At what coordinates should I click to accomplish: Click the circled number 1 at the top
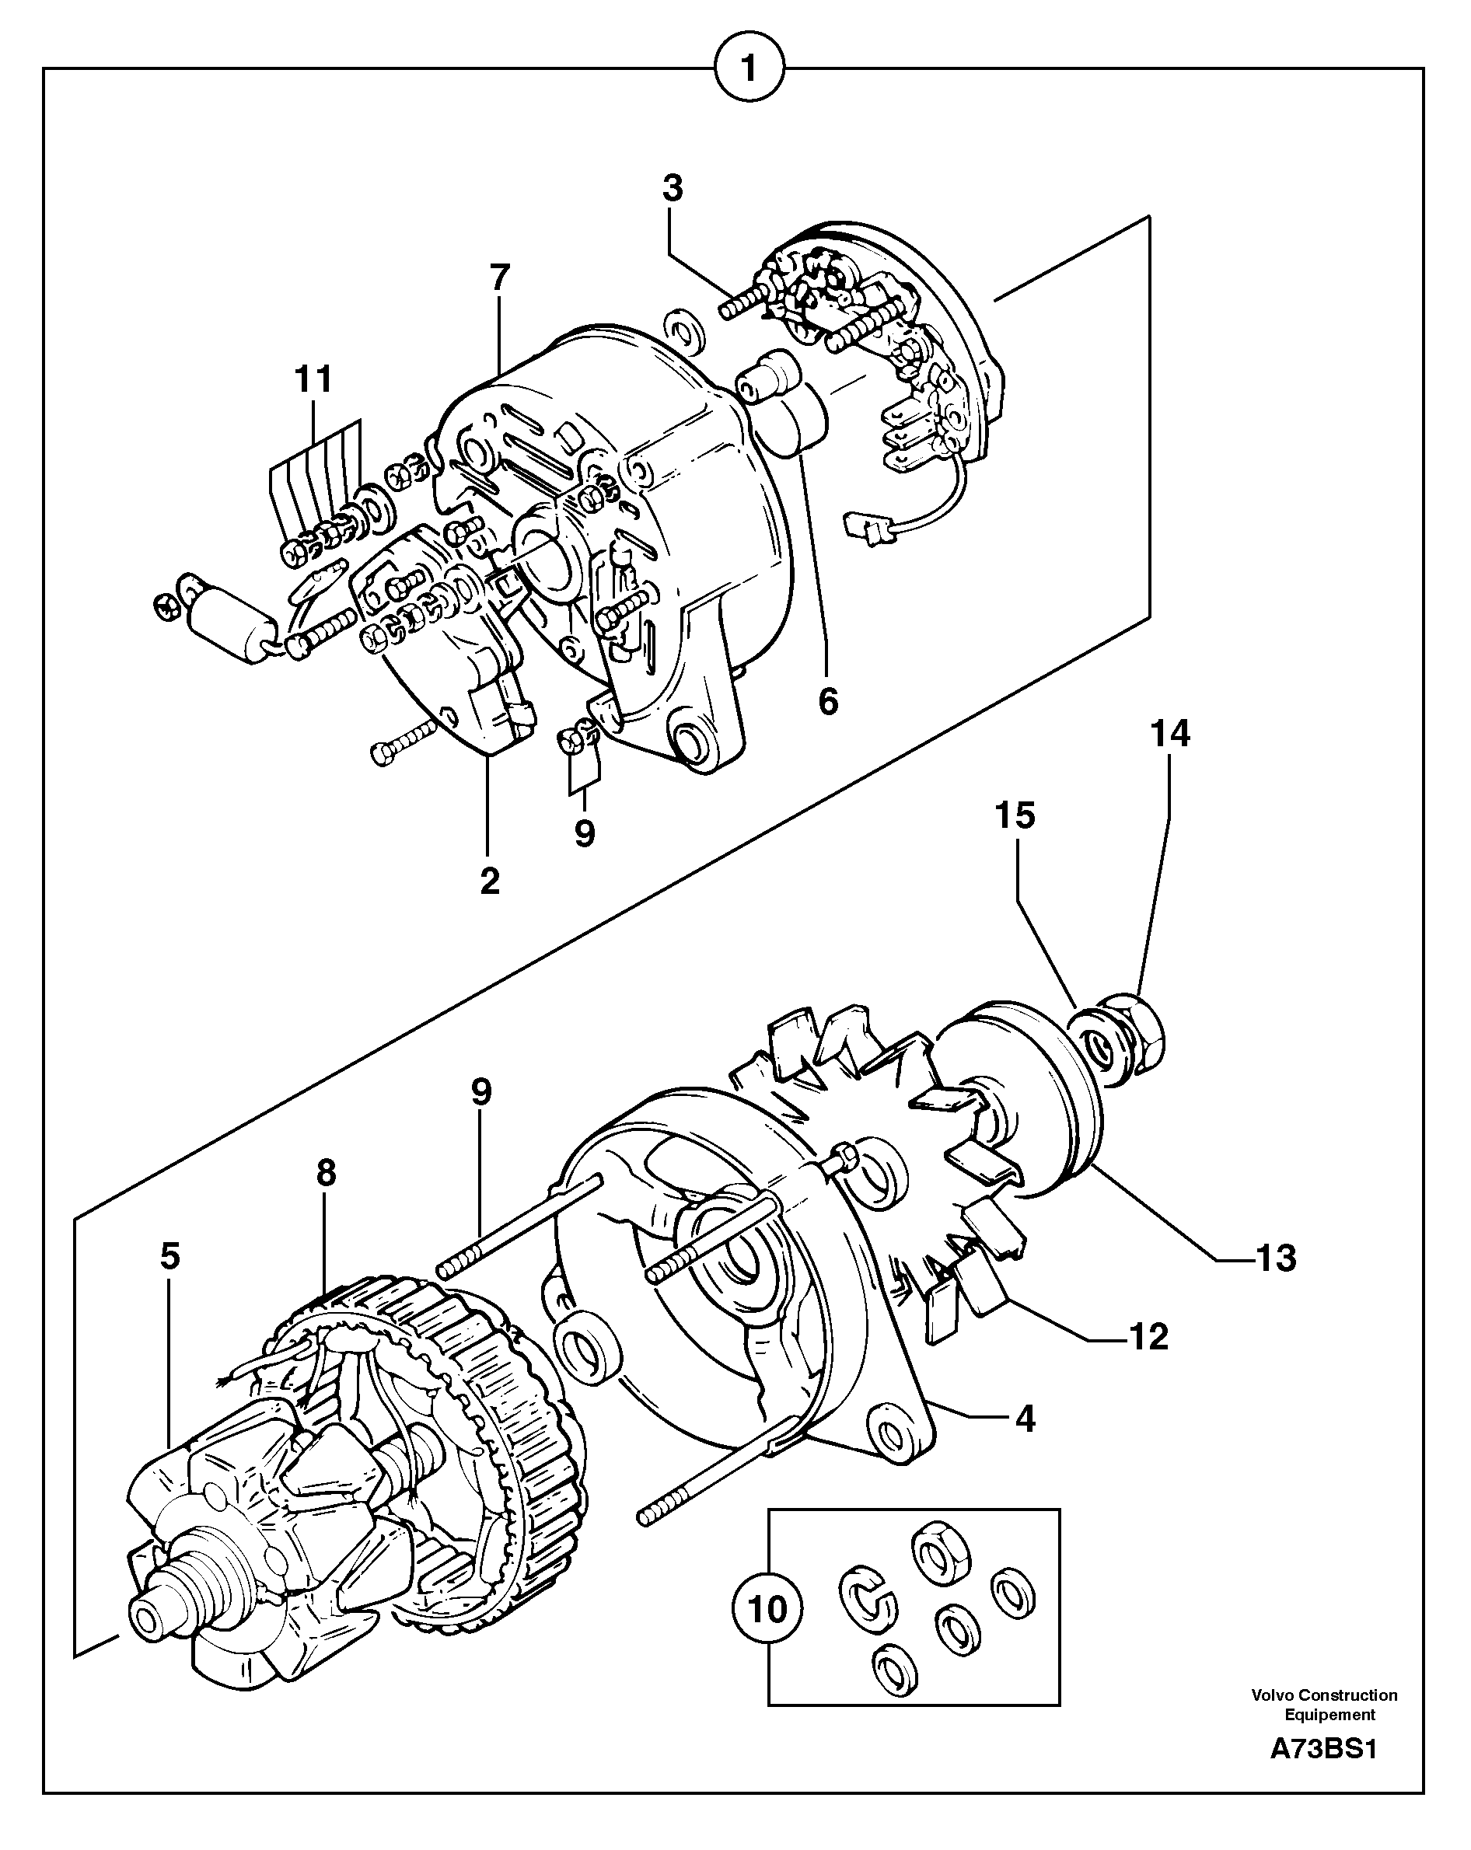(x=749, y=68)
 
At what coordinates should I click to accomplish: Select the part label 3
(x=672, y=188)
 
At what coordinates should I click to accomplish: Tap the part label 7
(x=499, y=277)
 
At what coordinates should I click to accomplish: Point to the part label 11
(x=313, y=379)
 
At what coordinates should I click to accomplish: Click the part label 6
(x=827, y=701)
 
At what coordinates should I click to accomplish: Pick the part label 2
(x=489, y=881)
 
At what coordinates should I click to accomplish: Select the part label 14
(x=1171, y=734)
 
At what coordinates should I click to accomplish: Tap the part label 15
(x=1015, y=815)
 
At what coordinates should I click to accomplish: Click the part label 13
(x=1275, y=1258)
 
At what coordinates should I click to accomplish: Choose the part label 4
(x=1025, y=1419)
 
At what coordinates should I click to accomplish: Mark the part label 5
(x=170, y=1256)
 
